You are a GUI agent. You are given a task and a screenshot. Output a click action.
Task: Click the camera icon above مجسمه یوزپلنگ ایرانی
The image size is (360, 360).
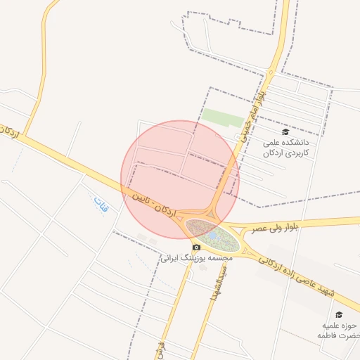196,247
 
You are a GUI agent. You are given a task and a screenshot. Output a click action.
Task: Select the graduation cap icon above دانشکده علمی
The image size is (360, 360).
285,131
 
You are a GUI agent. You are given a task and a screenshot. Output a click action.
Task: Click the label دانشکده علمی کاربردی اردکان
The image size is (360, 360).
285,146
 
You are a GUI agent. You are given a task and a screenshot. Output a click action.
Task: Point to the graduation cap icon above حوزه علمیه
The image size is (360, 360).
339,314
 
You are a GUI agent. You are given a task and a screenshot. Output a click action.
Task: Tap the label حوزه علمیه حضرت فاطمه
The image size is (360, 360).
341,330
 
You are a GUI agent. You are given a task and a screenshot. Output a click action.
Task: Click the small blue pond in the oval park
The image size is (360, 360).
212,236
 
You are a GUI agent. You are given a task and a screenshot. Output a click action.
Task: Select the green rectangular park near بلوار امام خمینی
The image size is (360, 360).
222,117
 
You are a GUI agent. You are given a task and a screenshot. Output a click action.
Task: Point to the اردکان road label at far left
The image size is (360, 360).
10,133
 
